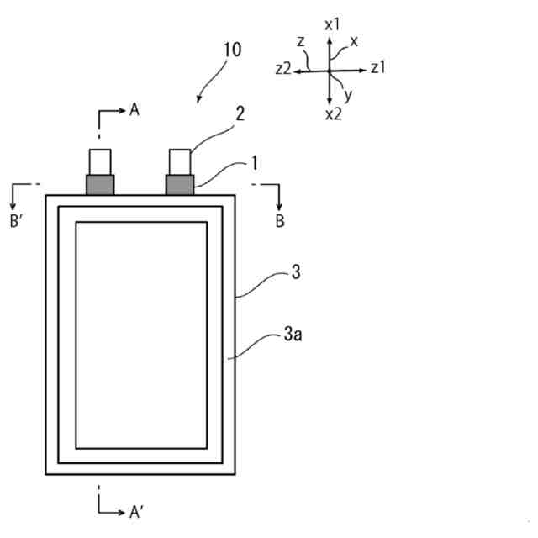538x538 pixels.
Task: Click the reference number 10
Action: [231, 50]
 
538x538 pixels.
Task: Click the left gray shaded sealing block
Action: [99, 184]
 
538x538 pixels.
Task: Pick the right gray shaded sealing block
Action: [181, 184]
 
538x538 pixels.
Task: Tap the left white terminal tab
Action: [99, 161]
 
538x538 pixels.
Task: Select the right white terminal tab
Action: [181, 161]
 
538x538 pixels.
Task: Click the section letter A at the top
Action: [134, 109]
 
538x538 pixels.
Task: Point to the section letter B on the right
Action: [280, 222]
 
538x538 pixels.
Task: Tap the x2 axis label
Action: [333, 114]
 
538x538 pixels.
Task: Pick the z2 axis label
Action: [283, 70]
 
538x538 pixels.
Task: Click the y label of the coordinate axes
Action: [348, 94]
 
